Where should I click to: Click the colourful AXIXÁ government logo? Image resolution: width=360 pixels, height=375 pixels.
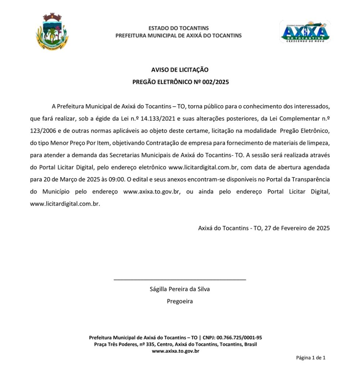click(305, 31)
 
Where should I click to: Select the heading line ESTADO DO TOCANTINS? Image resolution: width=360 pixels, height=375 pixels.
click(179, 28)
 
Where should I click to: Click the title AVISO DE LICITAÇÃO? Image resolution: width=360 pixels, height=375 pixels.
click(180, 70)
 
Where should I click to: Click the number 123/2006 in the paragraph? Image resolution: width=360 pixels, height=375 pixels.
click(42, 130)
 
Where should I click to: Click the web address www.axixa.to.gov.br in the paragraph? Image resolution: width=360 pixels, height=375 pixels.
click(152, 192)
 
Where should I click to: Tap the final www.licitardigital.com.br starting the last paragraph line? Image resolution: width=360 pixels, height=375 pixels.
click(65, 204)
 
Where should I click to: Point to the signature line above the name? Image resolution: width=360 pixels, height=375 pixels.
click(180, 280)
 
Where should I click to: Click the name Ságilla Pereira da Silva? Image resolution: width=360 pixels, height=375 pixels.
click(180, 289)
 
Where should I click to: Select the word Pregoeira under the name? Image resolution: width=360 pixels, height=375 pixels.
click(180, 301)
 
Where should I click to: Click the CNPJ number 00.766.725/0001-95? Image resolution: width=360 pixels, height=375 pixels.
click(239, 337)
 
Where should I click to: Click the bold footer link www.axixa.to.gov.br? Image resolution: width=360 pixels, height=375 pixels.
click(176, 351)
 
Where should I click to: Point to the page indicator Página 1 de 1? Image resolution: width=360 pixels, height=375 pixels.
click(310, 358)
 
